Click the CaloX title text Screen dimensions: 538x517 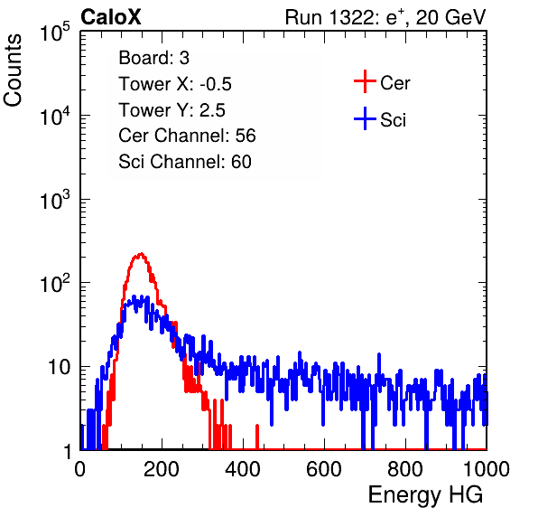click(111, 17)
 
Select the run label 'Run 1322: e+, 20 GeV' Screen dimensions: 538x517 click(385, 17)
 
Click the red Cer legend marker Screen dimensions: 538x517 click(365, 81)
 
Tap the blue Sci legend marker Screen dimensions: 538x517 click(365, 118)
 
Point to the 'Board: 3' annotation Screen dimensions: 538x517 click(153, 58)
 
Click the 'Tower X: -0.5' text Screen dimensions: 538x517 click(175, 84)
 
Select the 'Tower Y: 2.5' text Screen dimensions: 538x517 click(172, 110)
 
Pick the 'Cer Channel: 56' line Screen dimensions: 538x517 click(187, 136)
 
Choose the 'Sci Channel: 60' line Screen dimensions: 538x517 click(185, 162)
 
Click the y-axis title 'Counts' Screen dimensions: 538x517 click(13, 70)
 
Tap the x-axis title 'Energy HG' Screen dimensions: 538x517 click(425, 495)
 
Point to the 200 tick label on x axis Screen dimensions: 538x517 click(162, 469)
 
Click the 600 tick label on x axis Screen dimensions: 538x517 click(324, 469)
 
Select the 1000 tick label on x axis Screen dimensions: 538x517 click(487, 469)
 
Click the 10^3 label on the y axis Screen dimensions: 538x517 click(55, 200)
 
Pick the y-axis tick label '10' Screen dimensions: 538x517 click(59, 367)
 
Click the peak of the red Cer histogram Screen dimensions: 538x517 click(141, 254)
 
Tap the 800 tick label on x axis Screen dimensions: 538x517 click(405, 469)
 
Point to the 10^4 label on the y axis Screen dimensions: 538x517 click(55, 116)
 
